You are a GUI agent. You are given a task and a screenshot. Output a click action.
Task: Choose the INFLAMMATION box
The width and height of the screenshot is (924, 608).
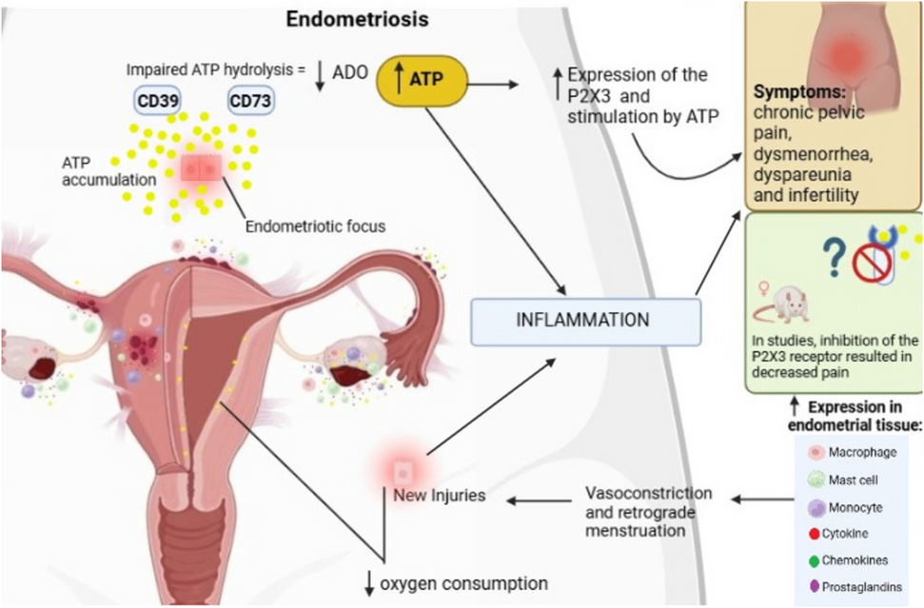coord(585,320)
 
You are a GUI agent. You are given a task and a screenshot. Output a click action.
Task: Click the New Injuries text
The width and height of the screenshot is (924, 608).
coord(441,494)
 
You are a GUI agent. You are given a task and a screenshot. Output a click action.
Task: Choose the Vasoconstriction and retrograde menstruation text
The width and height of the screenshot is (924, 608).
coord(647,511)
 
